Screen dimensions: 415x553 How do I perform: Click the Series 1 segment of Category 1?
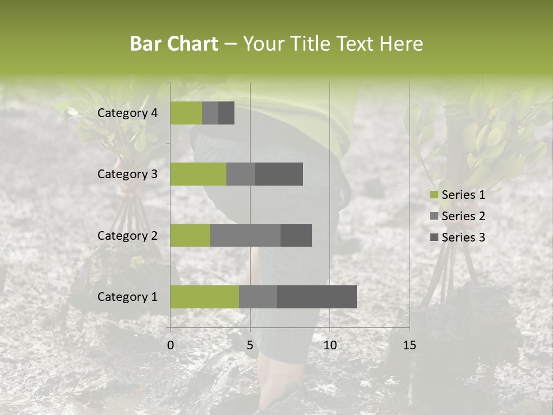[x=204, y=296]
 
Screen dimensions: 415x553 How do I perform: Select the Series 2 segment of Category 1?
[x=258, y=296]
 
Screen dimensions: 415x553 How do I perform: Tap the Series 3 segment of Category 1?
[x=317, y=296]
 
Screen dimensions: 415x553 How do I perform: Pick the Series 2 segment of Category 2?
[x=245, y=235]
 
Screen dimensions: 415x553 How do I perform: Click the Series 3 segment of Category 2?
[x=296, y=235]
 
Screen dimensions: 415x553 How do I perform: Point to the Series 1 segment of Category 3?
[x=198, y=174]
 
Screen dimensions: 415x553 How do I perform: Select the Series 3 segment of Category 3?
[x=279, y=174]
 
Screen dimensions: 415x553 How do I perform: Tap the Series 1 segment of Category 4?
[x=186, y=113]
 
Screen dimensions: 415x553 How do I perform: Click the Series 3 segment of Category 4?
[x=226, y=113]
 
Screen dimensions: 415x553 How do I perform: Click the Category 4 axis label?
[x=127, y=113]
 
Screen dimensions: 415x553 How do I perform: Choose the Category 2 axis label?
[x=127, y=235]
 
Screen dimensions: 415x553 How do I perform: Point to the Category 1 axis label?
[x=127, y=297]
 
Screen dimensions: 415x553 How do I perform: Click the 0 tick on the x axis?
[x=171, y=345]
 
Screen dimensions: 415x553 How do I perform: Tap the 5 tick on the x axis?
[x=250, y=345]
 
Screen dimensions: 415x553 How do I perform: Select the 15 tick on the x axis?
[x=409, y=345]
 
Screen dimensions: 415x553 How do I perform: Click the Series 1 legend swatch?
[x=434, y=195]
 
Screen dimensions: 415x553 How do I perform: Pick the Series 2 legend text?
[x=463, y=216]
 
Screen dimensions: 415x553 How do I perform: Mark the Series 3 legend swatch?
[x=434, y=237]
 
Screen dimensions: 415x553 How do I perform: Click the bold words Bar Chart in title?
[x=174, y=44]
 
